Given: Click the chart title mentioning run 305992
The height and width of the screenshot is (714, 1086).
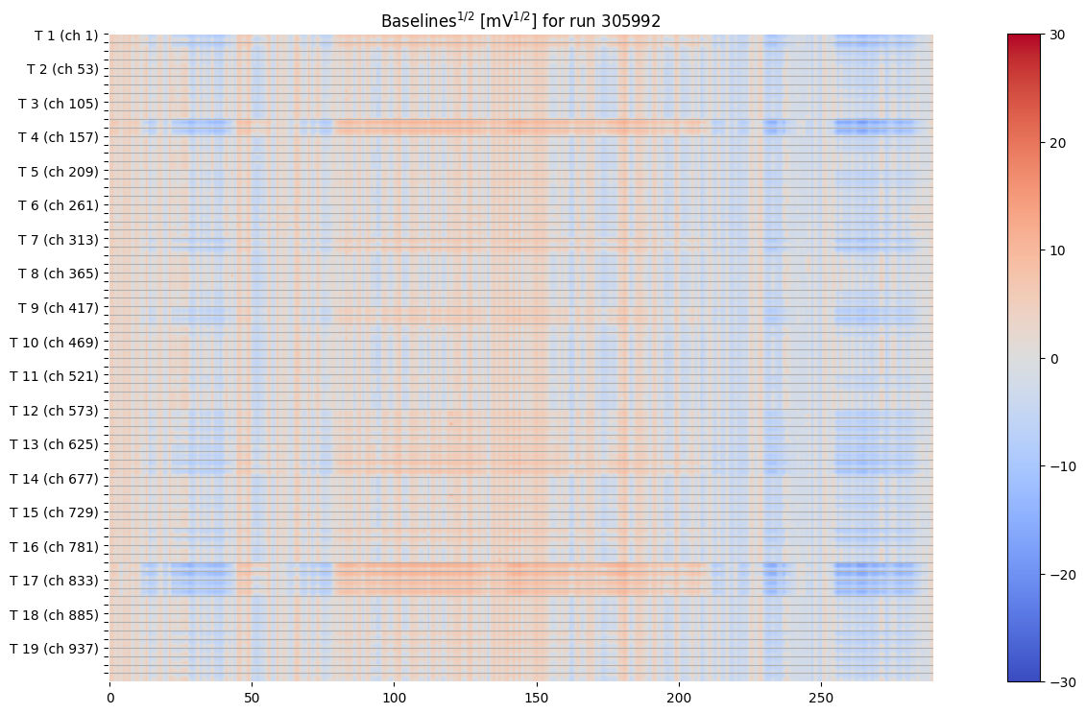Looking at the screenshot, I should (520, 20).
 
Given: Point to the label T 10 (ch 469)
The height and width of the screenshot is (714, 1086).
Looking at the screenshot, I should (54, 342).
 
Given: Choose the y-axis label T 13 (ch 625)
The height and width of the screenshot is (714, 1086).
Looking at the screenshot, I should (54, 444).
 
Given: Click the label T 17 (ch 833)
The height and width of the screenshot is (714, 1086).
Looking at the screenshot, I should (54, 581).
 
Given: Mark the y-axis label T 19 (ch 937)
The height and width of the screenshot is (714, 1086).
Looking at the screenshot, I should (54, 649).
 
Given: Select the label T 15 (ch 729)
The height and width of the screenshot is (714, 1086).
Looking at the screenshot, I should (54, 512).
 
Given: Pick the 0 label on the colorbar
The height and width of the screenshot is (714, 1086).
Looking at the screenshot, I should (1053, 359).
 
